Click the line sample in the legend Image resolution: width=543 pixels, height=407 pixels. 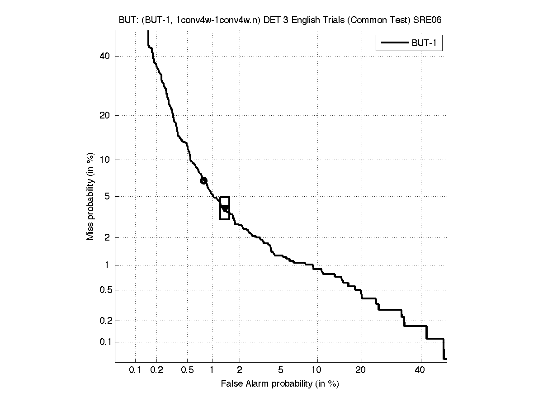pyautogui.click(x=394, y=43)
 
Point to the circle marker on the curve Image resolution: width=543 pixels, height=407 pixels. pyautogui.click(x=203, y=180)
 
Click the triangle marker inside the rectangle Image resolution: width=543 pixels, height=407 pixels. pyautogui.click(x=225, y=208)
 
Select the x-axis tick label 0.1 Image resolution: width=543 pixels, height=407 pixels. pyautogui.click(x=135, y=371)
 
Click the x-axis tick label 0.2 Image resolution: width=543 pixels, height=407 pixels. pyautogui.click(x=157, y=371)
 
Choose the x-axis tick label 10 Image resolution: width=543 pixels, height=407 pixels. pyautogui.click(x=317, y=371)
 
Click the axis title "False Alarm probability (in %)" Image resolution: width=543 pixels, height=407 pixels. pyautogui.click(x=280, y=384)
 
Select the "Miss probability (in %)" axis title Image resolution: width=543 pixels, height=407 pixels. pyautogui.click(x=90, y=198)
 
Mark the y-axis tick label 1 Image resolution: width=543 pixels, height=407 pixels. pyautogui.click(x=108, y=265)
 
